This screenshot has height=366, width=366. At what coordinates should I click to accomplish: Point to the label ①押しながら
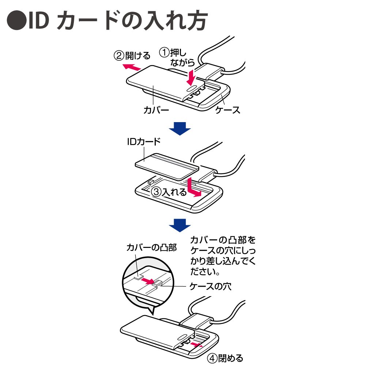pyautogui.click(x=178, y=58)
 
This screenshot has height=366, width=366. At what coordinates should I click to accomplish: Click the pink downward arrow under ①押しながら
pyautogui.click(x=191, y=76)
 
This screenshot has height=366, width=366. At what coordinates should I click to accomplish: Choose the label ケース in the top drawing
pyautogui.click(x=227, y=109)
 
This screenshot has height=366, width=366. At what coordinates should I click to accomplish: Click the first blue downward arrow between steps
pyautogui.click(x=180, y=129)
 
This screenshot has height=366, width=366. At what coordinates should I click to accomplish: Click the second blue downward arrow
pyautogui.click(x=180, y=224)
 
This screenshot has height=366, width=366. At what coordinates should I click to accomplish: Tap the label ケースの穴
pyautogui.click(x=210, y=286)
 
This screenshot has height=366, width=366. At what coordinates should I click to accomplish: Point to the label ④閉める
pyautogui.click(x=226, y=358)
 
